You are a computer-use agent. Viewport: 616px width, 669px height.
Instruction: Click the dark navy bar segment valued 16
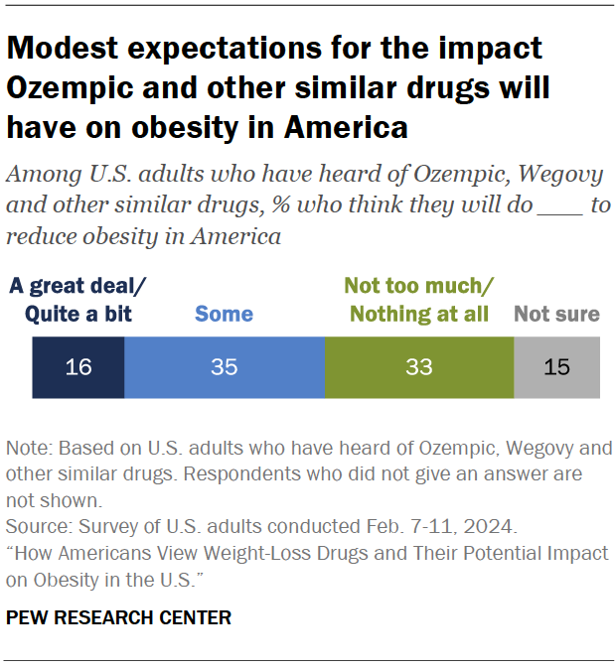(78, 367)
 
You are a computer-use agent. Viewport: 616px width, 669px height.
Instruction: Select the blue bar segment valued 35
(225, 367)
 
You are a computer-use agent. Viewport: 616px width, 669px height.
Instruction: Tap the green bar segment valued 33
(419, 367)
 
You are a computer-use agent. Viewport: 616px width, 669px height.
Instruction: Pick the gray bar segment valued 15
(557, 367)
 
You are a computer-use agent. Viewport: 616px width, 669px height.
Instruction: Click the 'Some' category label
(224, 315)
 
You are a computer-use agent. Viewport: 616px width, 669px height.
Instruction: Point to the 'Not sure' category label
(556, 315)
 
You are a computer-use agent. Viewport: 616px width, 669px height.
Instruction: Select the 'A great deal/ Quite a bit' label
(78, 301)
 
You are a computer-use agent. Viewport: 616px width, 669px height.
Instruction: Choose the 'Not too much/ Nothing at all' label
(417, 301)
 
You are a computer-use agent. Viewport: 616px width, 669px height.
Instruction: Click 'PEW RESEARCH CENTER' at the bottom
(118, 617)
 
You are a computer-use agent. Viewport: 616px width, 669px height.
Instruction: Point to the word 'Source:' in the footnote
(37, 526)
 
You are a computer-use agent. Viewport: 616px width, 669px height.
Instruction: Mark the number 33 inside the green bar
(419, 367)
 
